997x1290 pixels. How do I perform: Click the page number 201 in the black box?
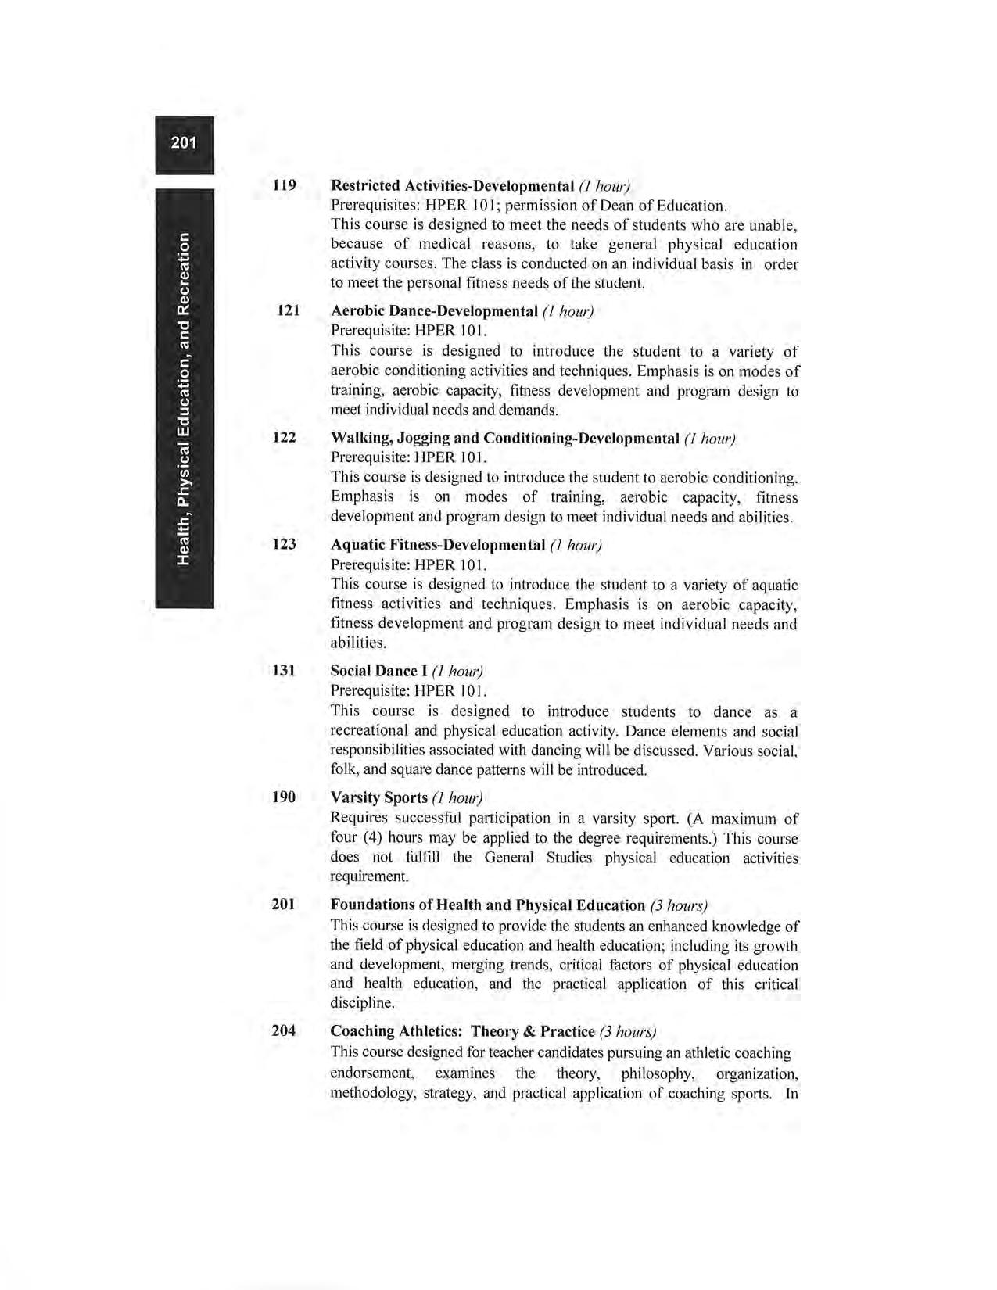pyautogui.click(x=184, y=142)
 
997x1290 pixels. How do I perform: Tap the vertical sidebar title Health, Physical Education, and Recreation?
pyautogui.click(x=184, y=398)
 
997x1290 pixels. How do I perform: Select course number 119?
pyautogui.click(x=284, y=185)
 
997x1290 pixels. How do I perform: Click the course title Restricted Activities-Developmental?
pyautogui.click(x=453, y=186)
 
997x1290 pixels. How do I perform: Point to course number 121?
pyautogui.click(x=289, y=310)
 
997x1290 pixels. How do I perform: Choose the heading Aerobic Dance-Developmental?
pyautogui.click(x=434, y=311)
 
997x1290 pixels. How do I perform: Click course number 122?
pyautogui.click(x=284, y=437)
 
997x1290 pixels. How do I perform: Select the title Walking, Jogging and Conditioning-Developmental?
pyautogui.click(x=504, y=438)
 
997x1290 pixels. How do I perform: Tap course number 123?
pyautogui.click(x=284, y=543)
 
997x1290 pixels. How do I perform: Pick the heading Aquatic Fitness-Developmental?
pyautogui.click(x=437, y=544)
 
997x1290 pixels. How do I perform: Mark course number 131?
pyautogui.click(x=284, y=670)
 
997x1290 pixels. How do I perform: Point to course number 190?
pyautogui.click(x=284, y=797)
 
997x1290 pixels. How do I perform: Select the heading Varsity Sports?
pyautogui.click(x=378, y=797)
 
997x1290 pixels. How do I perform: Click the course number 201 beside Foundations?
pyautogui.click(x=284, y=905)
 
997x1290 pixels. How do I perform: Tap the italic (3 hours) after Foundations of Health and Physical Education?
pyautogui.click(x=679, y=905)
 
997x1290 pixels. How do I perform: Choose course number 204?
pyautogui.click(x=284, y=1030)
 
